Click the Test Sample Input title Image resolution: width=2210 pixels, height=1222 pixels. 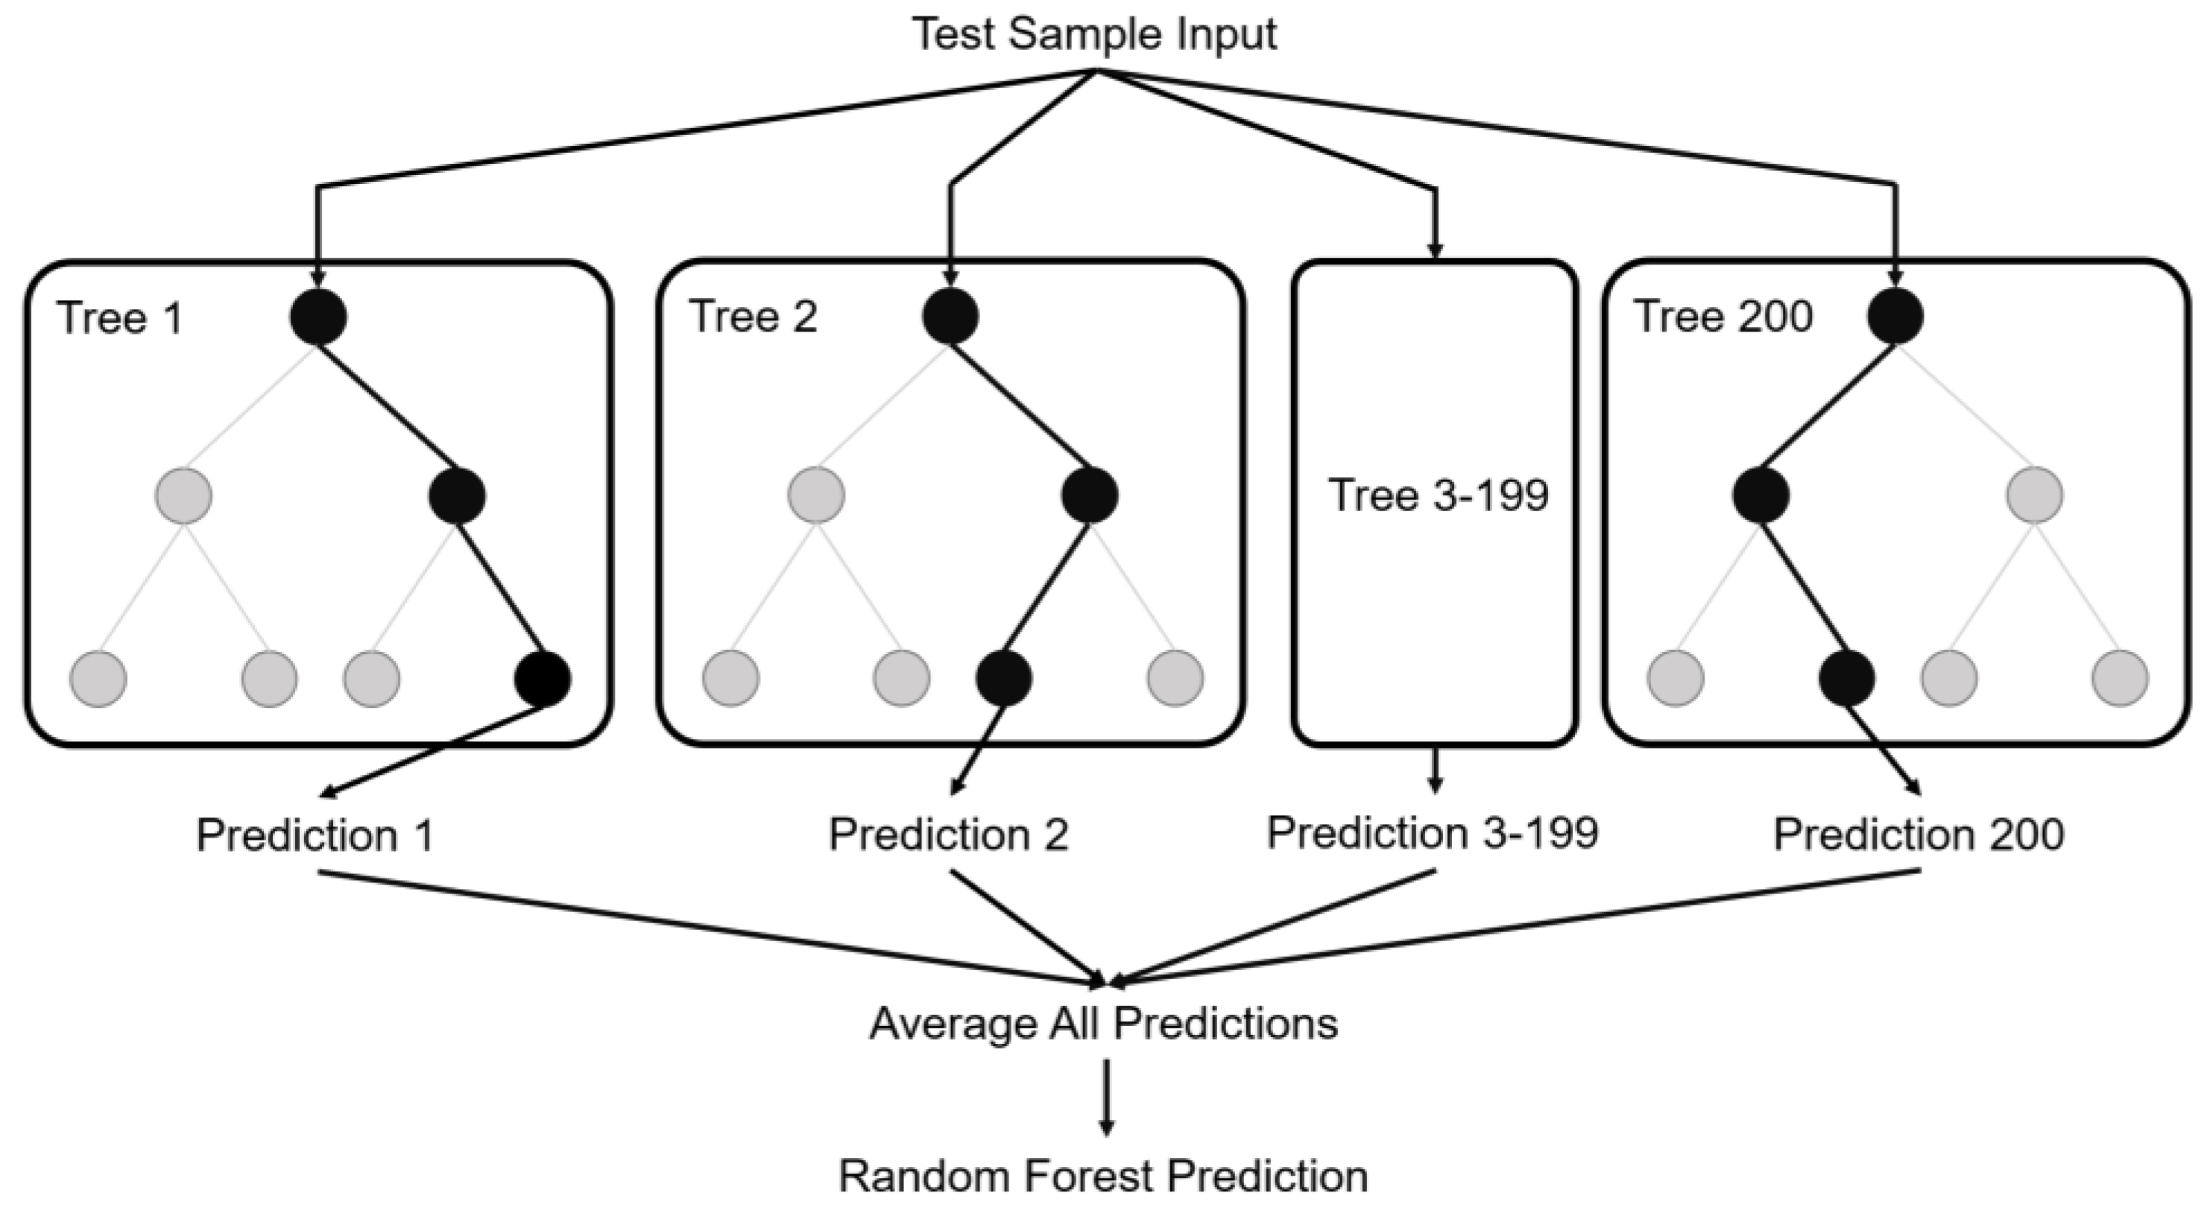[1095, 34]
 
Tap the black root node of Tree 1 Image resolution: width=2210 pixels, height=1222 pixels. [318, 317]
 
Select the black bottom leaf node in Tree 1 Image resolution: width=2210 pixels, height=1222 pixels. [542, 678]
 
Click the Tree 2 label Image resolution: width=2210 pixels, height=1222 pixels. [754, 317]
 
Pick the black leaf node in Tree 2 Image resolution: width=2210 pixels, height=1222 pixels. [1004, 678]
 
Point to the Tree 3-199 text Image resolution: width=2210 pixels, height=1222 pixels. [1438, 495]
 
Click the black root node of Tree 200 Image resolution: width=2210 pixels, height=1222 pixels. [1895, 317]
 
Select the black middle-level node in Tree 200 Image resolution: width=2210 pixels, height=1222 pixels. [1761, 496]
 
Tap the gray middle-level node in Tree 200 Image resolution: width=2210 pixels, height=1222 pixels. [2035, 496]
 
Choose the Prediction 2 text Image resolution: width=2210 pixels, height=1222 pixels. [948, 835]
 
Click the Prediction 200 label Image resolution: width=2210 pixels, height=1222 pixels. [1919, 835]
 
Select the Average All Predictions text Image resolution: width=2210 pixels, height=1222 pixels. [1103, 1024]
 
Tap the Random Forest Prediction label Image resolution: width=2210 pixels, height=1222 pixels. [1103, 1177]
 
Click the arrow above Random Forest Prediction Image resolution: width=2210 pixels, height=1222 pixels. [1107, 1098]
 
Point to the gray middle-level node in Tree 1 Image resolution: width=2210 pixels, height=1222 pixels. [184, 496]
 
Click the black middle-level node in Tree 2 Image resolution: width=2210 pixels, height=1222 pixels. [1090, 496]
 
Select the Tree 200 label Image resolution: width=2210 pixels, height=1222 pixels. [1723, 317]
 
